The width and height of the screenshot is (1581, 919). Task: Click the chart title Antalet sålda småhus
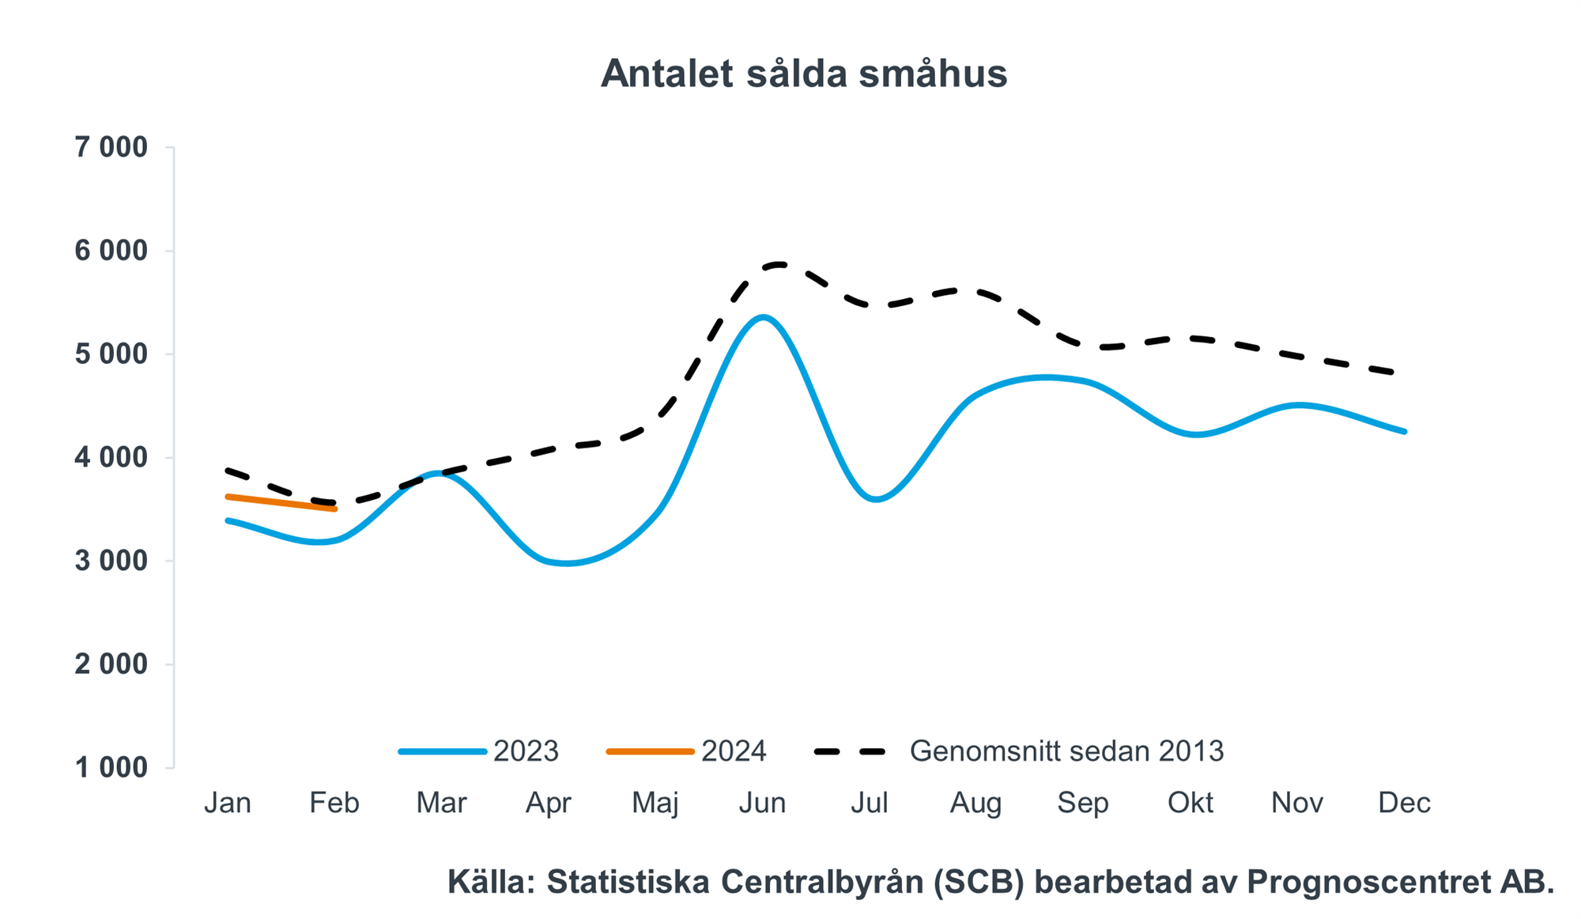803,74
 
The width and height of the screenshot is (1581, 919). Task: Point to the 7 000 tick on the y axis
111,147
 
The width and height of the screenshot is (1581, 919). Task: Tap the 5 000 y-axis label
111,354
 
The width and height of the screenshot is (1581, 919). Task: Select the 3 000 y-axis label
111,561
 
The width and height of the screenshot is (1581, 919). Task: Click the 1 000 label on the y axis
111,767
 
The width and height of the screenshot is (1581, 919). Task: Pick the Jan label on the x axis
228,803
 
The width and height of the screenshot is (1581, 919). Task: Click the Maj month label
655,803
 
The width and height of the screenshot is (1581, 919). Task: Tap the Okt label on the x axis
1190,803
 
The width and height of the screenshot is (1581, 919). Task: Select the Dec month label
1404,803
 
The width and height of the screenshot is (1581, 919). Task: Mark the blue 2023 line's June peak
763,317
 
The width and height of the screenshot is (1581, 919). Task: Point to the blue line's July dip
875,499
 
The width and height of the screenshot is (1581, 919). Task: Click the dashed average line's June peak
778,264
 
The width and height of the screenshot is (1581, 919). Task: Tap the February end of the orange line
335,509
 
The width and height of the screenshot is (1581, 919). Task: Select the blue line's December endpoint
1404,431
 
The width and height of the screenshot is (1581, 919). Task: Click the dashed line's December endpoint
1394,372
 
